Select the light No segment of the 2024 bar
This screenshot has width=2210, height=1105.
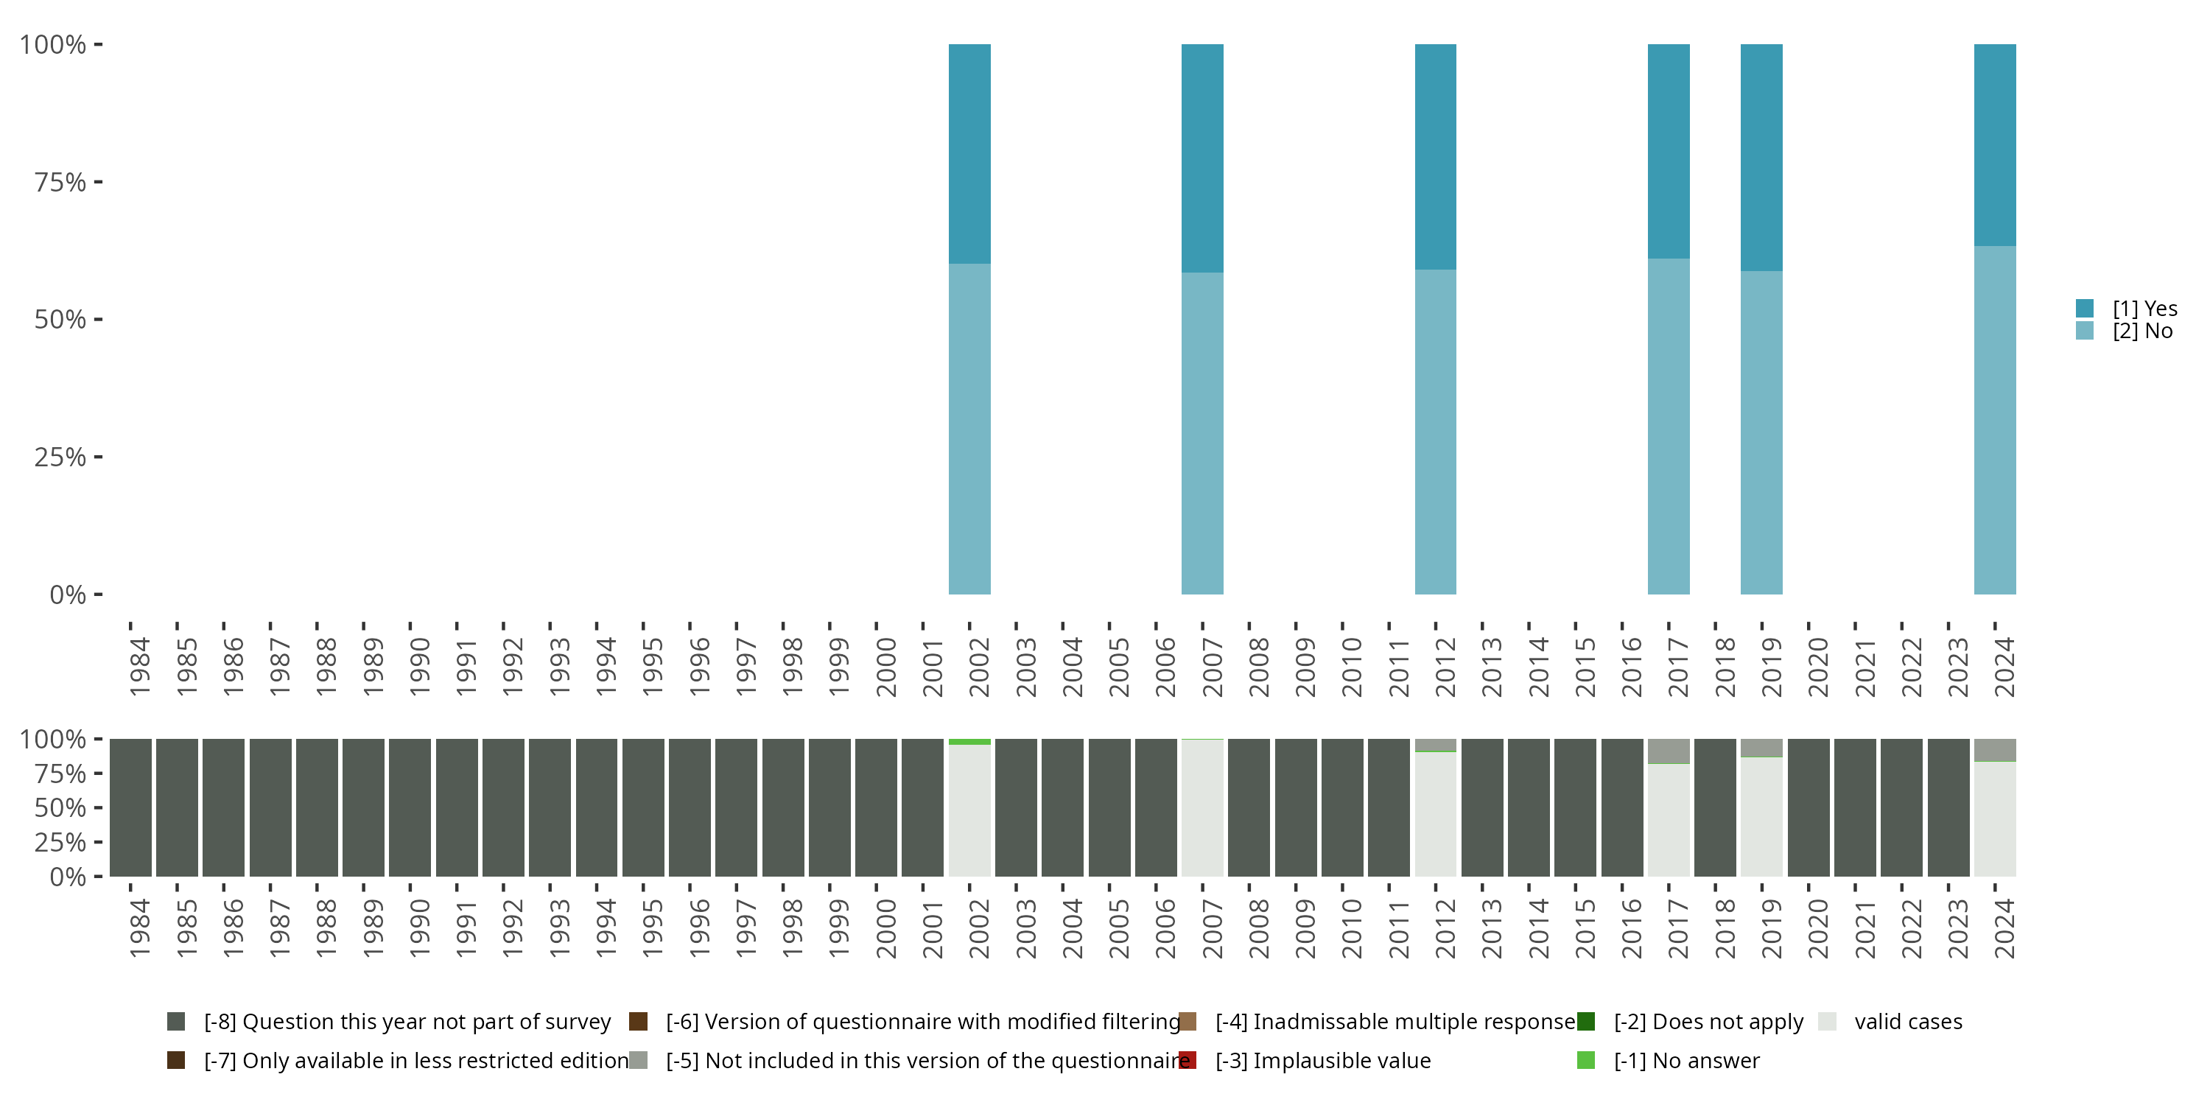(x=1995, y=421)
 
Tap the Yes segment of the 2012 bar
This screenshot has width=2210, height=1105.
(x=1435, y=156)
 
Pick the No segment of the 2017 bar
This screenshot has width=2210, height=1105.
(x=1669, y=427)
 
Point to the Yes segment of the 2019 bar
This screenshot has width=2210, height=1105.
(x=1761, y=157)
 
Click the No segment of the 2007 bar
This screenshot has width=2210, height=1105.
(x=1202, y=433)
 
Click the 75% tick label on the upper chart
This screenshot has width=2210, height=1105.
(x=59, y=182)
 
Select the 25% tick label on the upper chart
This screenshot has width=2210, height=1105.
(x=59, y=457)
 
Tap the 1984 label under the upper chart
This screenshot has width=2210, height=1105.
(x=140, y=667)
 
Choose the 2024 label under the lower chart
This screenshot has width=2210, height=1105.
(x=2004, y=928)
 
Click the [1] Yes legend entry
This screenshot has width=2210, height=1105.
(x=2144, y=309)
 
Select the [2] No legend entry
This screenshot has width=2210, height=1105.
(x=2142, y=331)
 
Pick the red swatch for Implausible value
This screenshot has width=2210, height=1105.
(x=1188, y=1060)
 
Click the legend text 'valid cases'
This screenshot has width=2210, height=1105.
(x=1908, y=1022)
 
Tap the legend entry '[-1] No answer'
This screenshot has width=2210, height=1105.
(x=1685, y=1060)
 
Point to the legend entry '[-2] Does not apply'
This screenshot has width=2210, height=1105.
(x=1708, y=1022)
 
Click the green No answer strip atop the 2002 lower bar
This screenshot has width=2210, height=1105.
(x=969, y=741)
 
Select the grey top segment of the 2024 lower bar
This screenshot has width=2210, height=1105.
(x=1995, y=750)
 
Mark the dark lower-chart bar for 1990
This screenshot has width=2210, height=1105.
(x=410, y=807)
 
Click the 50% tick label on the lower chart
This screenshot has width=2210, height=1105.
(x=59, y=808)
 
